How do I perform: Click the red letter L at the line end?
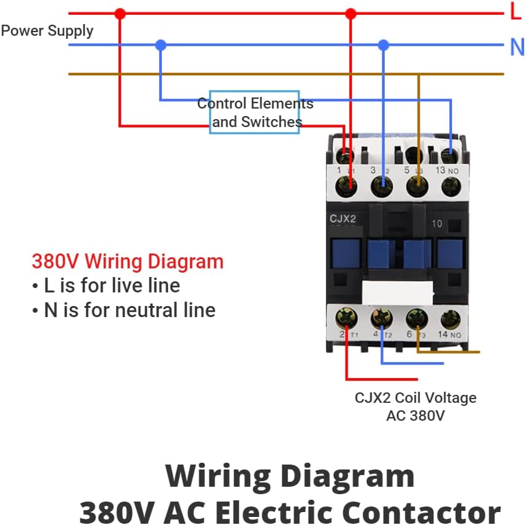pyautogui.click(x=515, y=11)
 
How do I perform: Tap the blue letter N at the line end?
pyautogui.click(x=516, y=47)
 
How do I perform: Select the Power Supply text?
pyautogui.click(x=47, y=31)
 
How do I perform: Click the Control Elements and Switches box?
pyautogui.click(x=254, y=112)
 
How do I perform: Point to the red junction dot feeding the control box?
pyautogui.click(x=120, y=13)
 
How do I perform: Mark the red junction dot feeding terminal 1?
pyautogui.click(x=351, y=13)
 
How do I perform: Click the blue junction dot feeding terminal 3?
pyautogui.click(x=383, y=45)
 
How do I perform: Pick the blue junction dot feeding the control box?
pyautogui.click(x=161, y=45)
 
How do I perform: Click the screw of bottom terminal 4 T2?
pyautogui.click(x=382, y=319)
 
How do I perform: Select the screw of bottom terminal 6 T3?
pyautogui.click(x=417, y=319)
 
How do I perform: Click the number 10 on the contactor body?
pyautogui.click(x=436, y=223)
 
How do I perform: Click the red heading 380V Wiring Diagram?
pyautogui.click(x=127, y=262)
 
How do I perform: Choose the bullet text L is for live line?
pyautogui.click(x=106, y=286)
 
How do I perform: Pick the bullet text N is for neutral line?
pyautogui.click(x=123, y=310)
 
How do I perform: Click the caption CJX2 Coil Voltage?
pyautogui.click(x=415, y=398)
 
